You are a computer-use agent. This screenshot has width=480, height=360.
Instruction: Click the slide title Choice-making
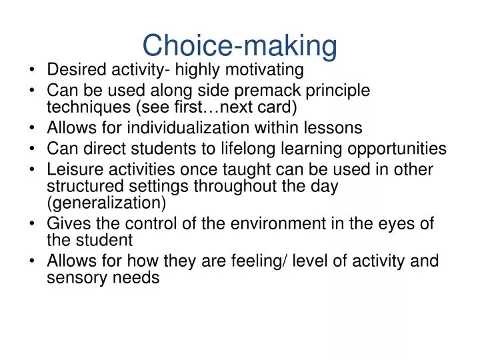(x=239, y=45)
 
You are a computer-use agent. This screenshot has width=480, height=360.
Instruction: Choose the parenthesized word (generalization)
(x=106, y=204)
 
